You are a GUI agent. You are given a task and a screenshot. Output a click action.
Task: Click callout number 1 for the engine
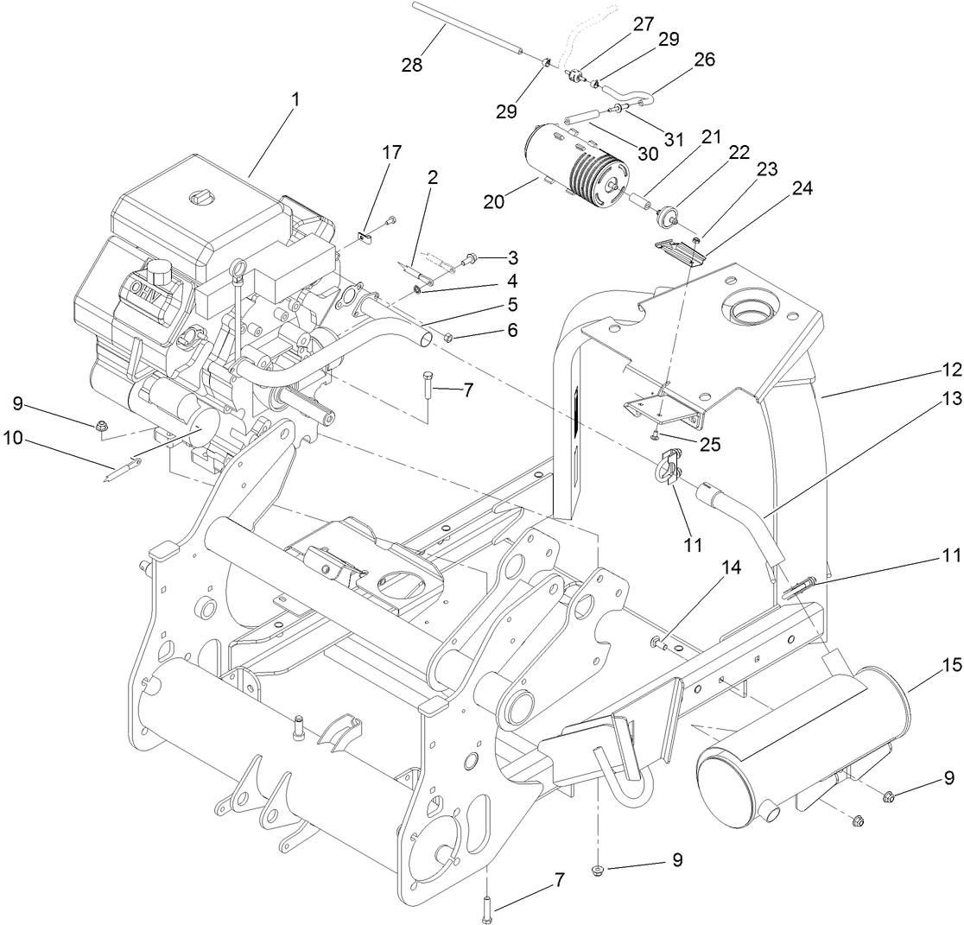(295, 99)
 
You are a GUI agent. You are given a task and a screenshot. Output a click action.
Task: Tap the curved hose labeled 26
(631, 87)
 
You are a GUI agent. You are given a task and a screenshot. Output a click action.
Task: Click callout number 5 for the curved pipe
(512, 303)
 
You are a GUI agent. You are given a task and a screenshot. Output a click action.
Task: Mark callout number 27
(644, 24)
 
